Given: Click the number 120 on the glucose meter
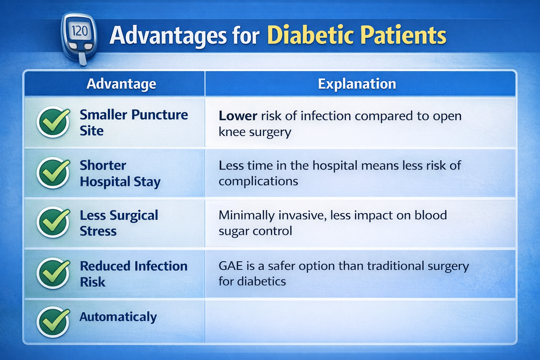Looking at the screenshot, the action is [x=80, y=31].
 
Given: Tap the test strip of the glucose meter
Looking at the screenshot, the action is [x=83, y=58].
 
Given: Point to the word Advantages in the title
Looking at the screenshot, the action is [x=168, y=36].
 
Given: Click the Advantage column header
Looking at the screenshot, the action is [x=121, y=84].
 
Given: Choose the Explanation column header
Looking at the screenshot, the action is [x=357, y=84].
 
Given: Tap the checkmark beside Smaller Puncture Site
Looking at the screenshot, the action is [x=53, y=122].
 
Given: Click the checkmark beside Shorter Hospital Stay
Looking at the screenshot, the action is [x=53, y=173].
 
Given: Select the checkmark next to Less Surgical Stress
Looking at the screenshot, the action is [x=53, y=222].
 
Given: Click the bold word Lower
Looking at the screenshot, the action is [x=238, y=116].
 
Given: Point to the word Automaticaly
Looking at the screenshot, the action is [x=118, y=317].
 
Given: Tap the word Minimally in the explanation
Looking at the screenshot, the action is [x=246, y=216].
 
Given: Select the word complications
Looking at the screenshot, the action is [x=258, y=181].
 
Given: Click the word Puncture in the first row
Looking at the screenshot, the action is [x=160, y=115].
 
